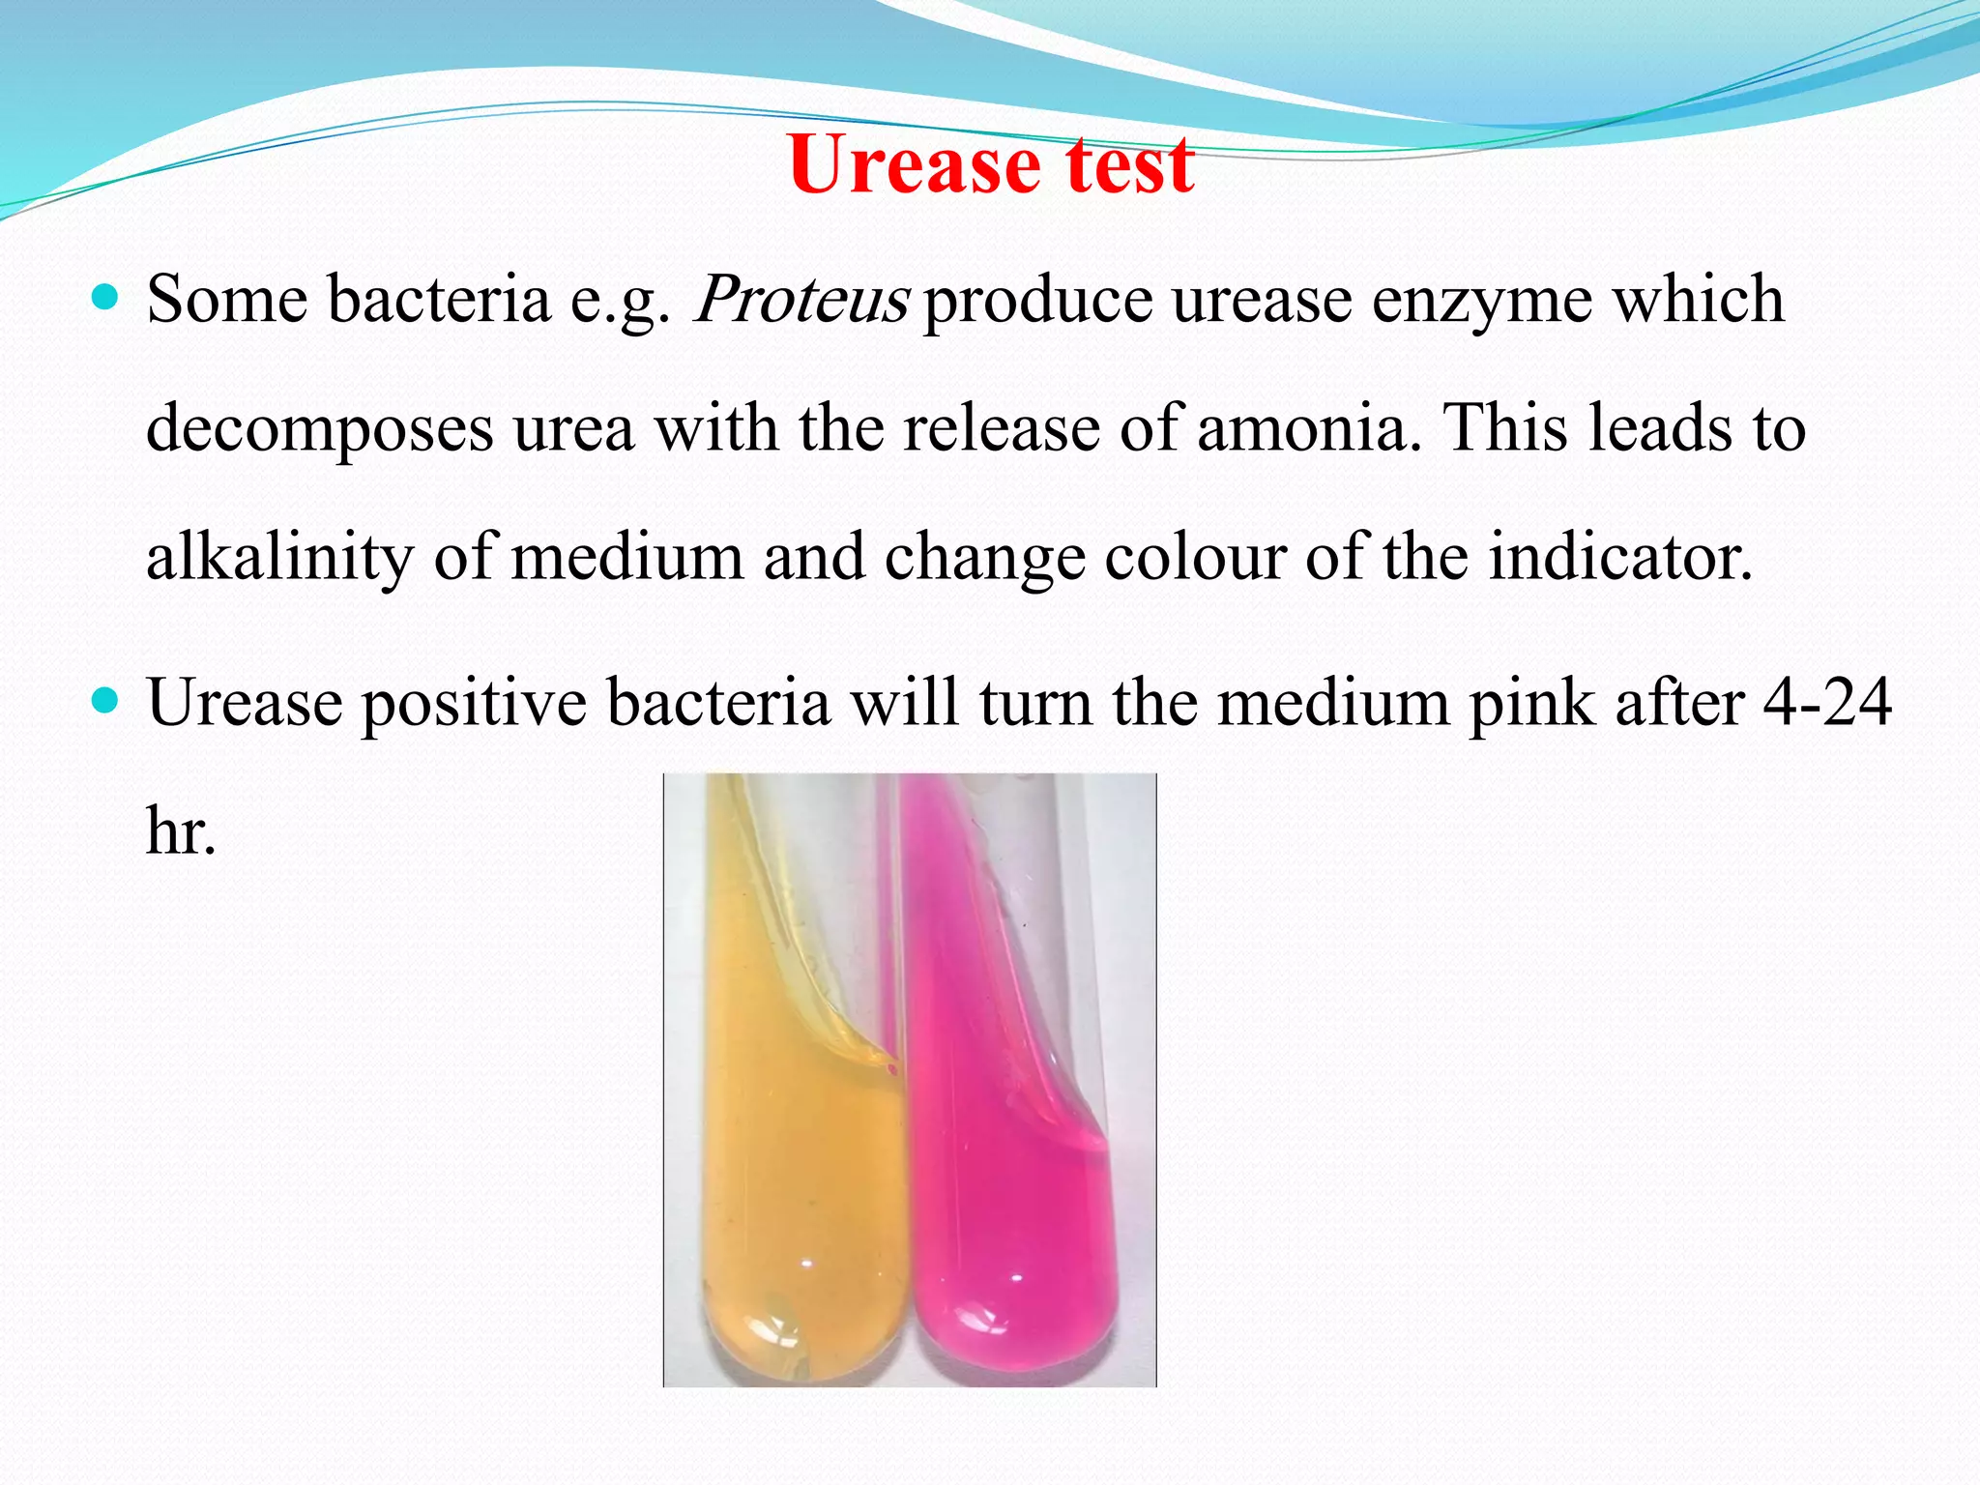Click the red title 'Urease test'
tap(991, 163)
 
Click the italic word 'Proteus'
tap(801, 299)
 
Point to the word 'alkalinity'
tap(279, 558)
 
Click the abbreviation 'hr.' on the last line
tap(181, 830)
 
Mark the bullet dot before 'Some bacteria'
tap(104, 295)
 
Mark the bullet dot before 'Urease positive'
tap(104, 699)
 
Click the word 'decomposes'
tap(319, 429)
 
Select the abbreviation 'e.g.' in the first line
tap(620, 301)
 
